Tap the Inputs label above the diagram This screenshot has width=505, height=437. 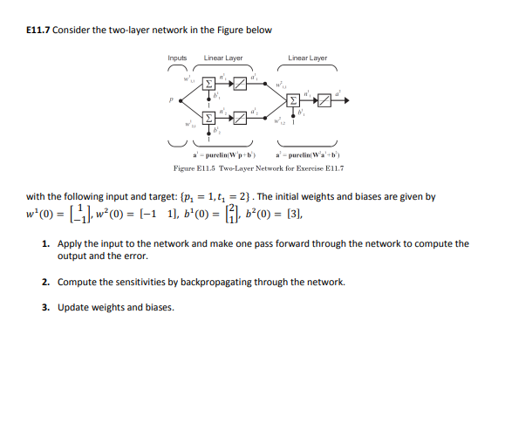click(177, 58)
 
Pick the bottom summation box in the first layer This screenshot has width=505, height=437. click(208, 116)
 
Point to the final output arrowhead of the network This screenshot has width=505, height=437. click(351, 100)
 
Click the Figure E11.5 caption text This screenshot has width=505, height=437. click(258, 166)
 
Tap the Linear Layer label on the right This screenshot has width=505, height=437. click(308, 58)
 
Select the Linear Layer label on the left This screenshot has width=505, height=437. click(223, 58)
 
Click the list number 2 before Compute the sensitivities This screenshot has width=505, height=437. click(45, 283)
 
